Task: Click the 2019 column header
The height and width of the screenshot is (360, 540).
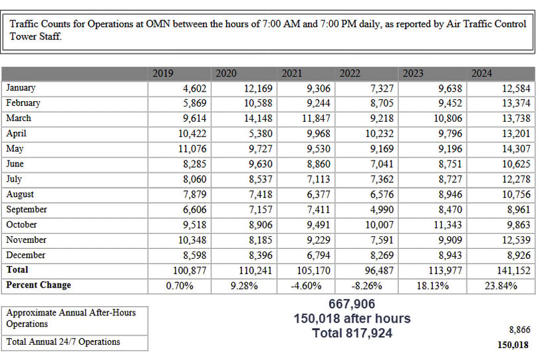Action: point(163,73)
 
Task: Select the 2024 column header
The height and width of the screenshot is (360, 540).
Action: point(481,73)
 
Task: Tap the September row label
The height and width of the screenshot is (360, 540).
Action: point(27,210)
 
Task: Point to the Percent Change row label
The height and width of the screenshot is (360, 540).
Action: point(39,285)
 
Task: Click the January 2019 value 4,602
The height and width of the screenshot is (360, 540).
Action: point(195,89)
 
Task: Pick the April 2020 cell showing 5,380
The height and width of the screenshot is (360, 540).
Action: point(261,134)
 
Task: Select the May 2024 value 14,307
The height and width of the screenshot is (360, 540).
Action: point(516,149)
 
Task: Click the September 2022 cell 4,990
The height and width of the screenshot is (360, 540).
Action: point(382,210)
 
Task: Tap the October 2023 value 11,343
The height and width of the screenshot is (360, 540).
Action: point(448,225)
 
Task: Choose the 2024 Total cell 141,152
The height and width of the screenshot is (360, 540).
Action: point(513,270)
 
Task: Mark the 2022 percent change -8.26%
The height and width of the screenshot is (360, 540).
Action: point(367,286)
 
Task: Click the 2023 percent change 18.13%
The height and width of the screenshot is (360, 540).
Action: point(432,286)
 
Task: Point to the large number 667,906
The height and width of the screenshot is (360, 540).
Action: point(352,304)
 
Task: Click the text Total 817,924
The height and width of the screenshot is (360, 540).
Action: point(352,333)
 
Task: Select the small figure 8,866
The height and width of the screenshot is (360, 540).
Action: point(519,329)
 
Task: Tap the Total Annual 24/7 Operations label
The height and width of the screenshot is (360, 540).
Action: point(63,342)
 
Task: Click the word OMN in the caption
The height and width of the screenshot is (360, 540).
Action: point(158,24)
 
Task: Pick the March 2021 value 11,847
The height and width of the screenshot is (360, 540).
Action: point(316,118)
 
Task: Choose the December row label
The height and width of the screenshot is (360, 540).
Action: point(26,256)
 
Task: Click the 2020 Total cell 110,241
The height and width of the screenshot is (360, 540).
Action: point(255,270)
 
